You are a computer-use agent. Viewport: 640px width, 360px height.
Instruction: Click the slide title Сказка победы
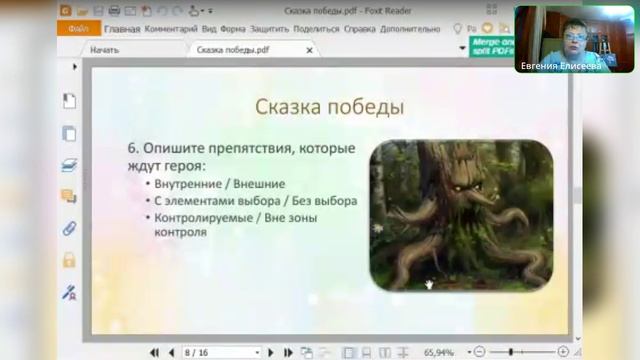point(329,106)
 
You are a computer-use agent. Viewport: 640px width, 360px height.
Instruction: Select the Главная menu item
point(122,29)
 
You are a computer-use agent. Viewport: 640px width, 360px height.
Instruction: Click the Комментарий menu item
point(171,29)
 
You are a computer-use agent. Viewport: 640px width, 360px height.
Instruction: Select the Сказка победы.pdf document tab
point(233,48)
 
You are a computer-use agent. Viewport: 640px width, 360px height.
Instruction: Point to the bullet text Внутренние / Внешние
point(220,184)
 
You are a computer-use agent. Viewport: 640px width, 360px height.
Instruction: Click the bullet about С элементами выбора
point(256,200)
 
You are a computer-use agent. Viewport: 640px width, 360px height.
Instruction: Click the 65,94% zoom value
point(438,352)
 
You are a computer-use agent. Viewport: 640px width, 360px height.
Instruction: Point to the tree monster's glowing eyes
point(455,186)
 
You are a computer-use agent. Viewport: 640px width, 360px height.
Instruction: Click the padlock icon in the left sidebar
point(69,259)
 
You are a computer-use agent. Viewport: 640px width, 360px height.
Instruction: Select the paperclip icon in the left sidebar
point(69,227)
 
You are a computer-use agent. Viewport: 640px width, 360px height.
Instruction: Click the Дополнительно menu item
point(410,29)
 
